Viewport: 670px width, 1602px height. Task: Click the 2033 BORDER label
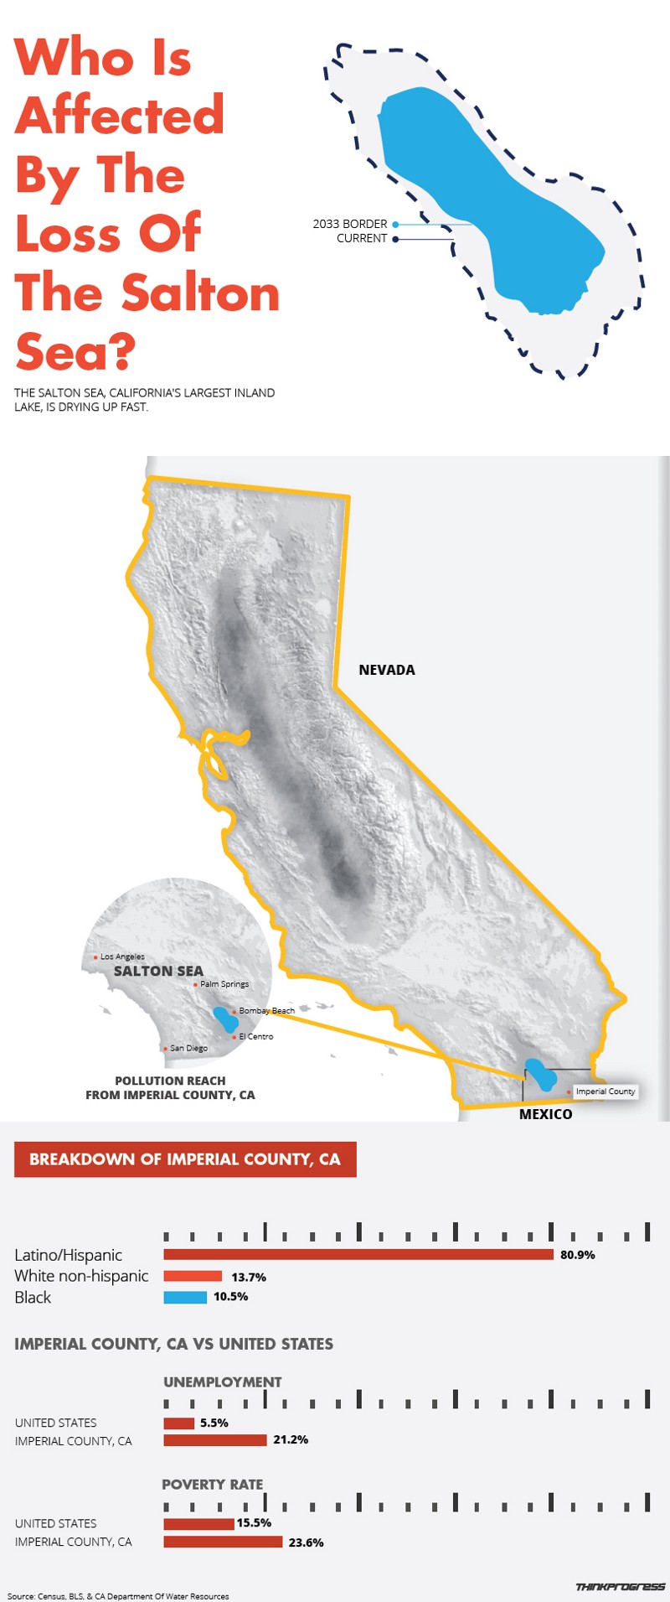tap(350, 224)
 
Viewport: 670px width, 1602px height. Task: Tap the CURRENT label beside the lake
tap(362, 238)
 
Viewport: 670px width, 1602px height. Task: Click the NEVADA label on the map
tap(387, 670)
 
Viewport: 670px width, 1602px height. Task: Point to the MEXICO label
tap(545, 1114)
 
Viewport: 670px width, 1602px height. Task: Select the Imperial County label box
tap(606, 1091)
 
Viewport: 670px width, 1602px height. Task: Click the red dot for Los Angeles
tap(96, 957)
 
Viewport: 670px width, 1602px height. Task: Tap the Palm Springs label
tap(224, 984)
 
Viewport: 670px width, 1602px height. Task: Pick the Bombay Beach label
tap(266, 1011)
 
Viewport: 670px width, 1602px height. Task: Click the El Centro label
tap(256, 1037)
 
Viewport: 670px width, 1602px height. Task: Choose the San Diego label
tap(188, 1048)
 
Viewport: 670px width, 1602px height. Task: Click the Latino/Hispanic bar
tap(358, 1254)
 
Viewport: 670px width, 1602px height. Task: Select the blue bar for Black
tap(185, 1297)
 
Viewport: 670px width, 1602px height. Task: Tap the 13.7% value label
tap(249, 1277)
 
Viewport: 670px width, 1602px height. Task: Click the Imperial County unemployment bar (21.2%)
tap(215, 1440)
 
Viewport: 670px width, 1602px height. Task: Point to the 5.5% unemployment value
tap(214, 1423)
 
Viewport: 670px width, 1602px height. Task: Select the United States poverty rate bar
tap(198, 1523)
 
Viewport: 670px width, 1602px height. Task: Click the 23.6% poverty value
tap(306, 1542)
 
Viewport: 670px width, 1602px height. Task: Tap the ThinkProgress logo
tap(620, 1587)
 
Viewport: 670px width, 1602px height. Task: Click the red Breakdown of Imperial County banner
tap(185, 1159)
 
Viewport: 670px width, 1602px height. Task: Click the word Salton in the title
tap(200, 293)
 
